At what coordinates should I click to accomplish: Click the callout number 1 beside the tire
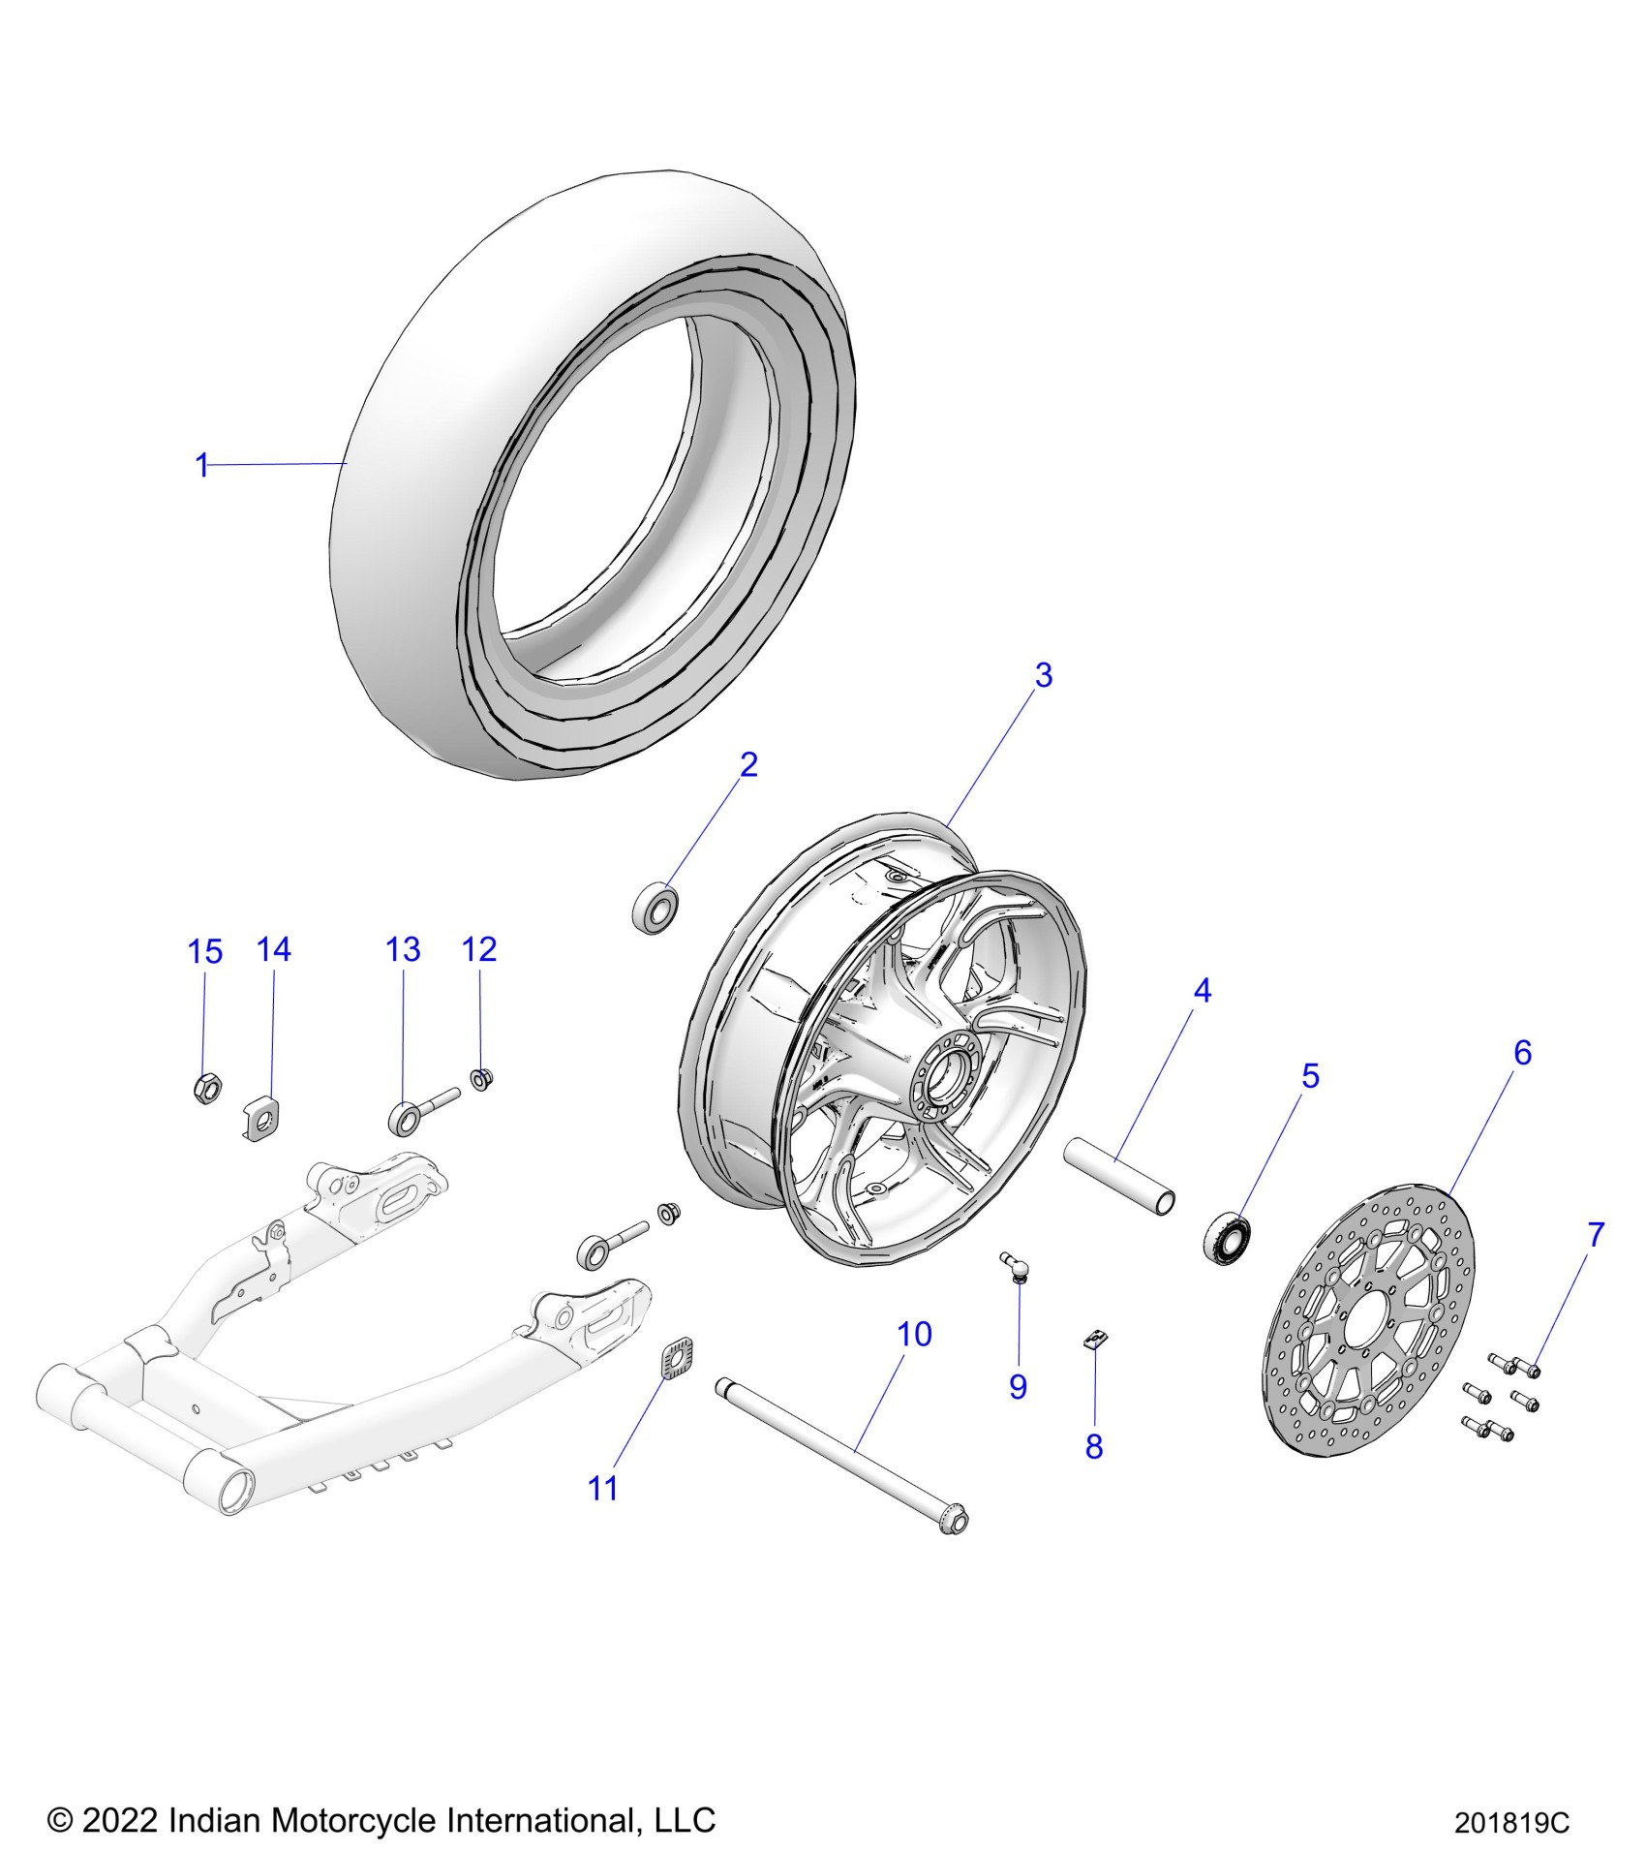tap(202, 466)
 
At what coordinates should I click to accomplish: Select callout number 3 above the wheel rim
tap(1043, 676)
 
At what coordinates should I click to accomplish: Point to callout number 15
tap(204, 952)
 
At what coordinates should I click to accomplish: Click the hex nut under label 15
tap(206, 1090)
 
